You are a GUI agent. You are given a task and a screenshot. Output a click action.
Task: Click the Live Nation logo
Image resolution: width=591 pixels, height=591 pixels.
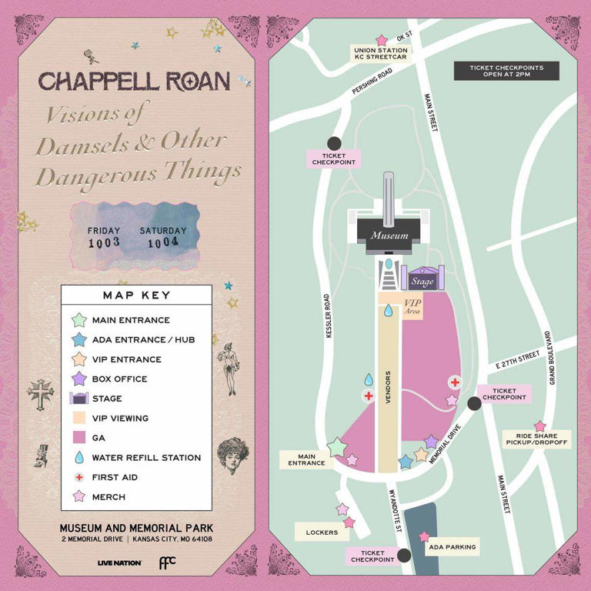tap(119, 563)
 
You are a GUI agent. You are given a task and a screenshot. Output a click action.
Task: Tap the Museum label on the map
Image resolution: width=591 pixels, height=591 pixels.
tap(389, 235)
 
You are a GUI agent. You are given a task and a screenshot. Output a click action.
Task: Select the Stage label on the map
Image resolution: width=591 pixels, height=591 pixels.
tap(422, 282)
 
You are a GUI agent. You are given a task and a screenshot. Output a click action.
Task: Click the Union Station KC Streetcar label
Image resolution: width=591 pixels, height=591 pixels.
tap(380, 54)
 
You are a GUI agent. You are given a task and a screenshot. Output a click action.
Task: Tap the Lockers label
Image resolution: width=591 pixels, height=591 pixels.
tap(321, 532)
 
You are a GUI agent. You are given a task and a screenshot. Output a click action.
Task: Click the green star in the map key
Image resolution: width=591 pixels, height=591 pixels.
tap(78, 320)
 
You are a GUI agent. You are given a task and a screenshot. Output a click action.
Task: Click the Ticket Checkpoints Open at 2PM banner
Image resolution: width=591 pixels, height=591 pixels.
tap(506, 71)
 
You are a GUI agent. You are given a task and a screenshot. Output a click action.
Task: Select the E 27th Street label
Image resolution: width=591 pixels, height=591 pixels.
tap(518, 360)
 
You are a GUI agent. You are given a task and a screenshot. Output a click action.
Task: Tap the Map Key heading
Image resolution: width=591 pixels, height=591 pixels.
tap(136, 295)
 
